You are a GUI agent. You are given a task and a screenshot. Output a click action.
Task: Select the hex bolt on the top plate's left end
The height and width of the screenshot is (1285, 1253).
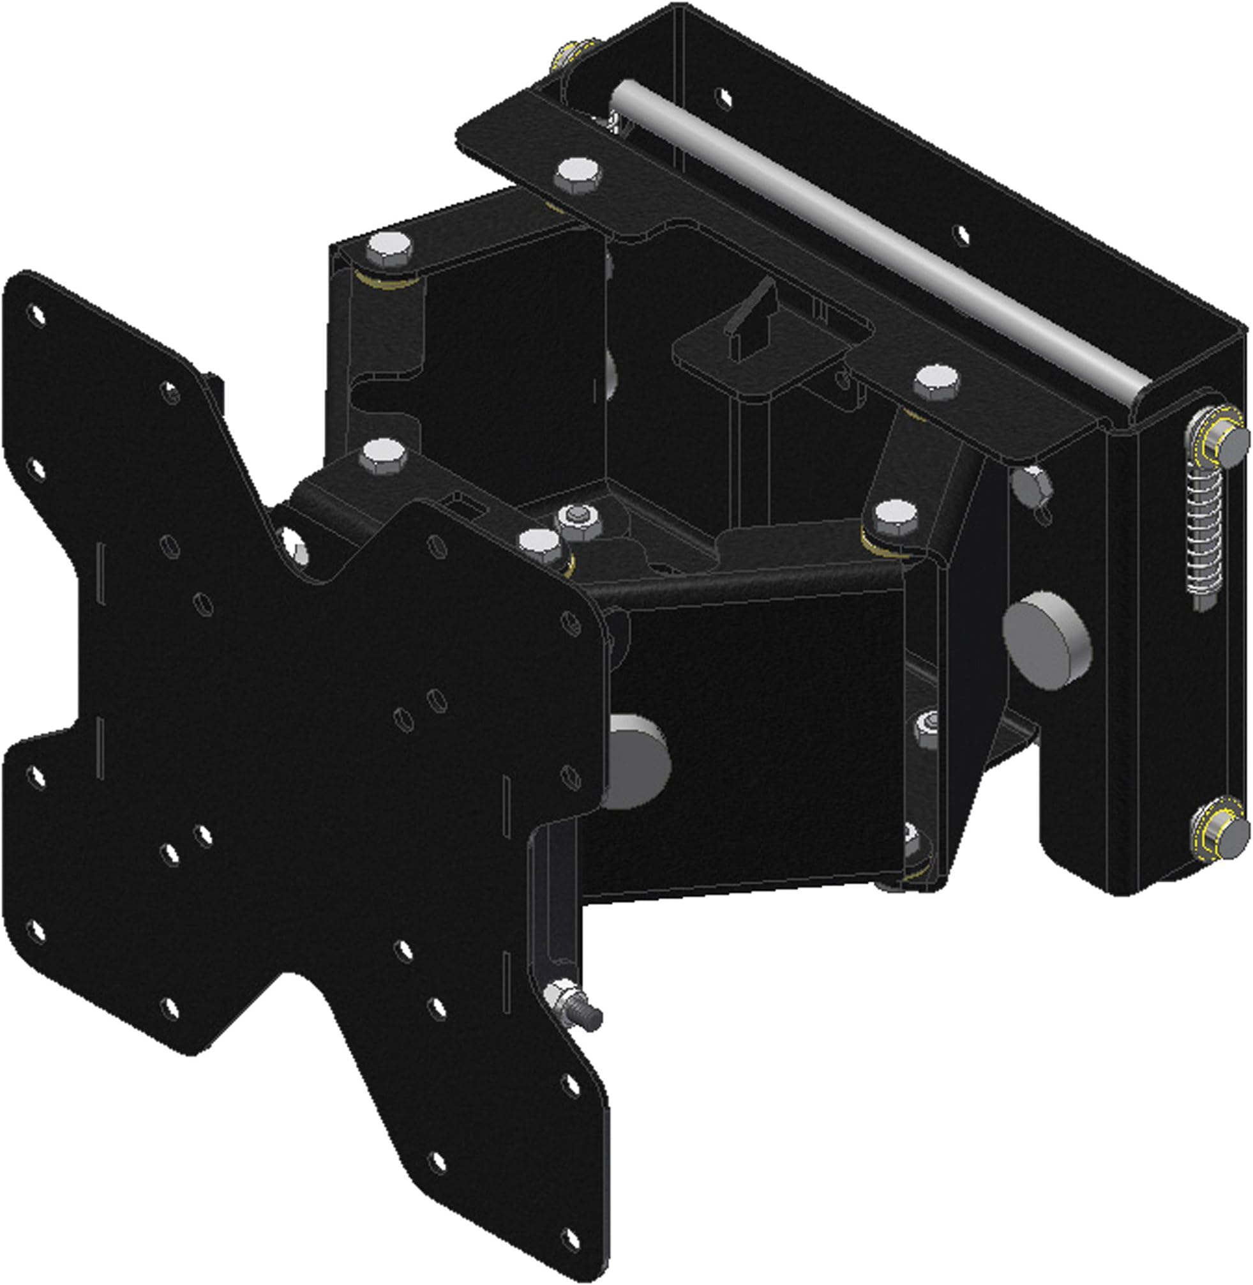point(576,174)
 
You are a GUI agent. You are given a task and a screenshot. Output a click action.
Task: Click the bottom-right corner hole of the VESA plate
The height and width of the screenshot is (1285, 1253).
point(572,1199)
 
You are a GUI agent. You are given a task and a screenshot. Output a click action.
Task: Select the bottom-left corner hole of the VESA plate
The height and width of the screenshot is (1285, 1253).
point(38,931)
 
